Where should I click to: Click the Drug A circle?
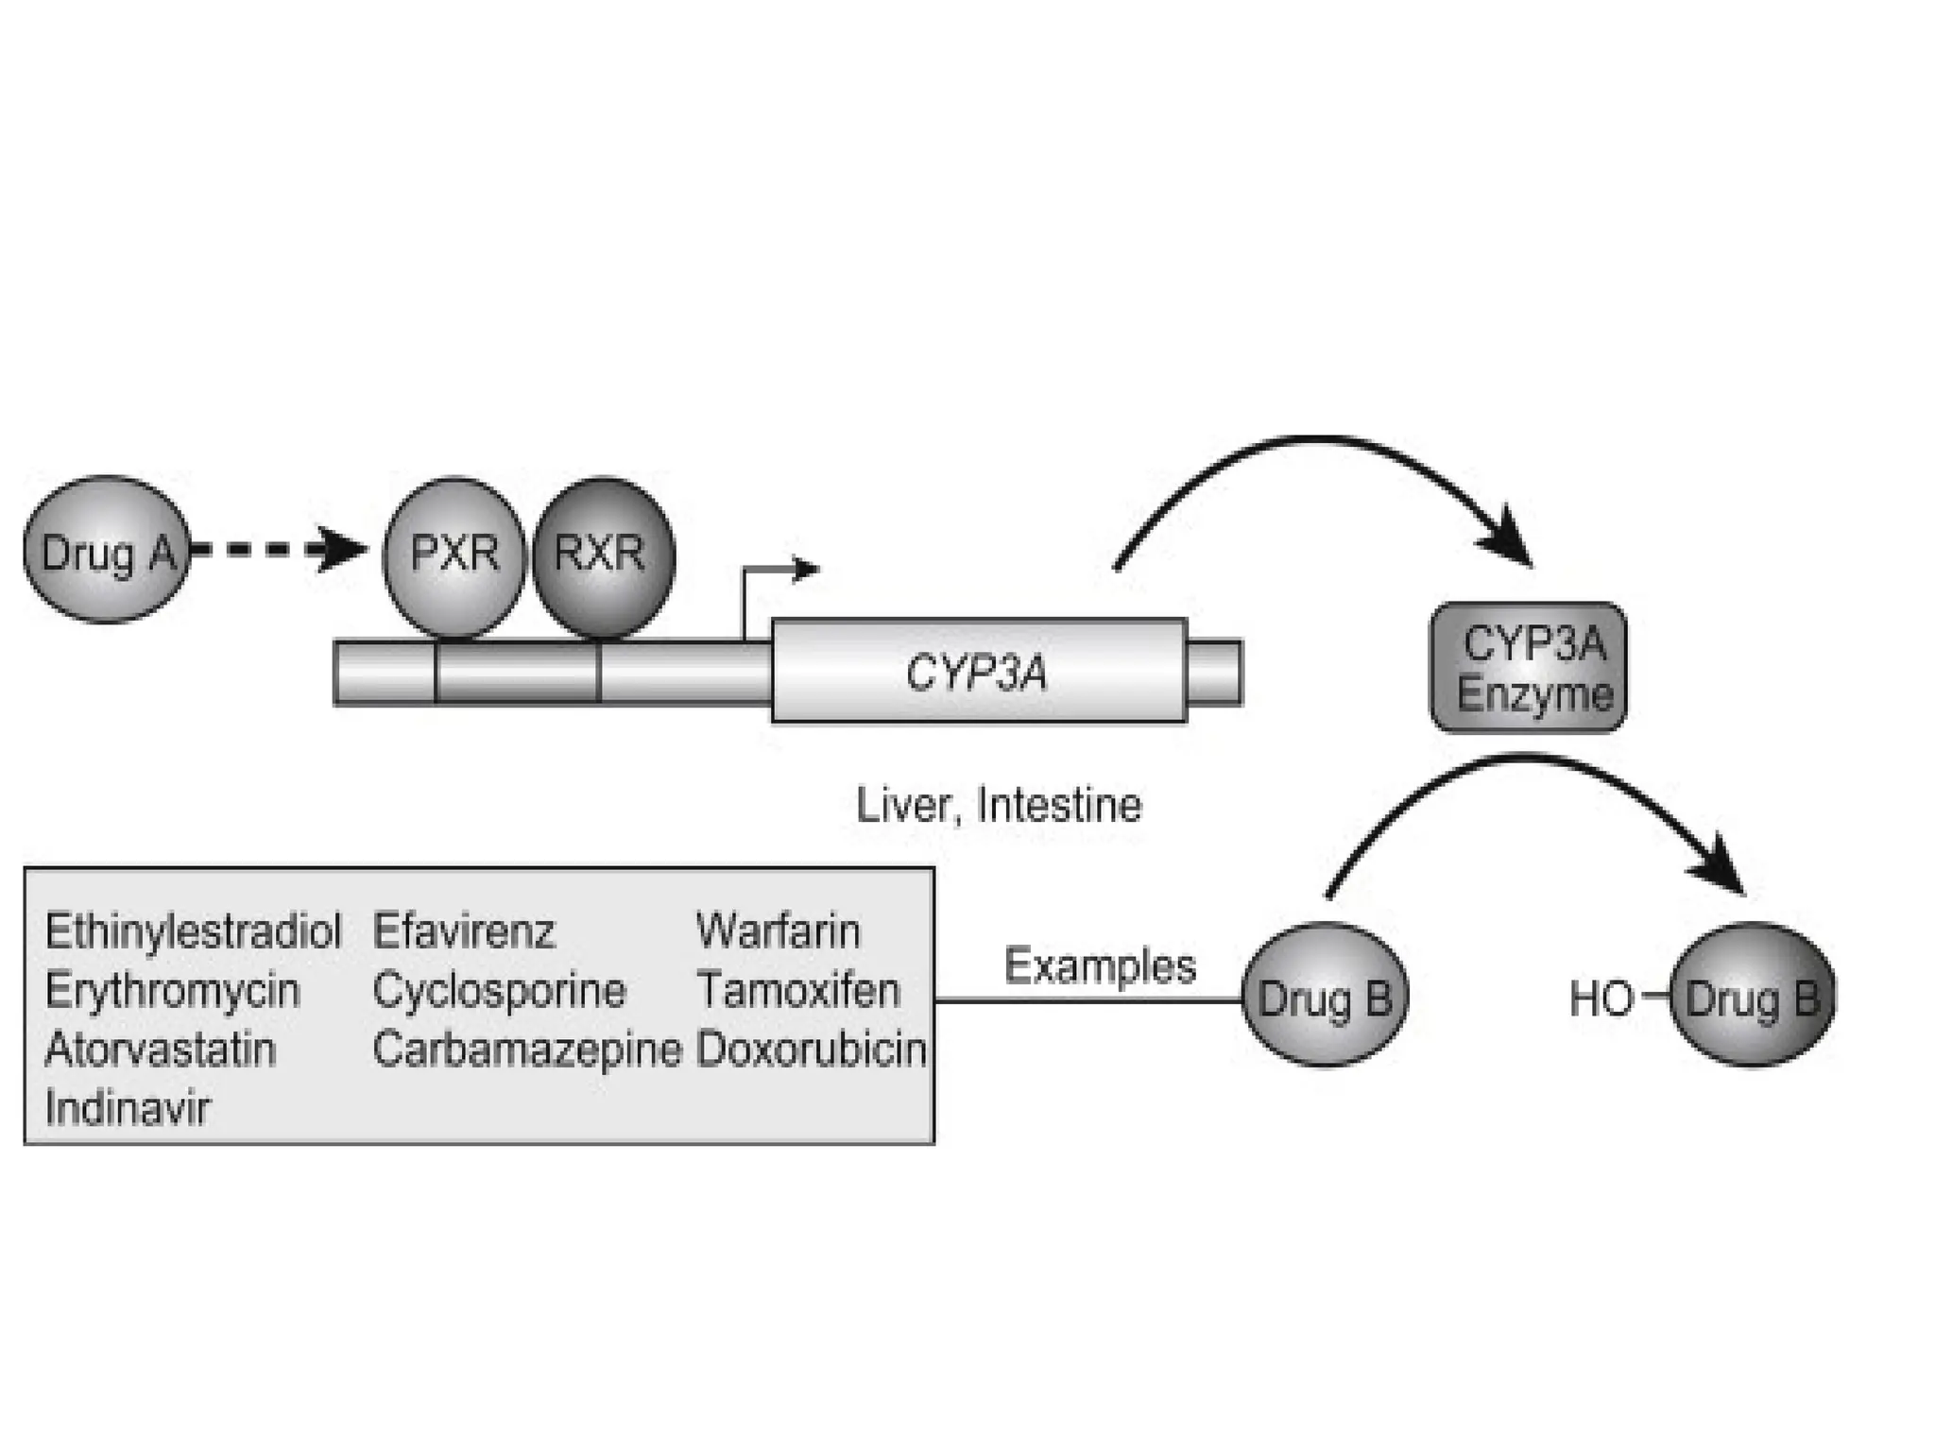coord(107,551)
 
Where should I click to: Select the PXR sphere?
coord(454,555)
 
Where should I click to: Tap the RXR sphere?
coord(603,555)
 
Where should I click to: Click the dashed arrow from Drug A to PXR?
coord(274,550)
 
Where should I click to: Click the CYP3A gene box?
coord(978,673)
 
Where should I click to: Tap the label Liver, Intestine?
coord(999,806)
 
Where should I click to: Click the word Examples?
coord(1100,966)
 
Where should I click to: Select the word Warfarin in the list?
coord(779,931)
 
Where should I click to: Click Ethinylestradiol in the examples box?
coord(193,931)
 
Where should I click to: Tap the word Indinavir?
coord(127,1108)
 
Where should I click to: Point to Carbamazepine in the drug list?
coord(526,1050)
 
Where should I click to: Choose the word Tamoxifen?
coord(798,991)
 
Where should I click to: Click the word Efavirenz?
coord(464,931)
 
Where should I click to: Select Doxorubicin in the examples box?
coord(811,1050)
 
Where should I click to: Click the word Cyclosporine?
coord(499,991)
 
